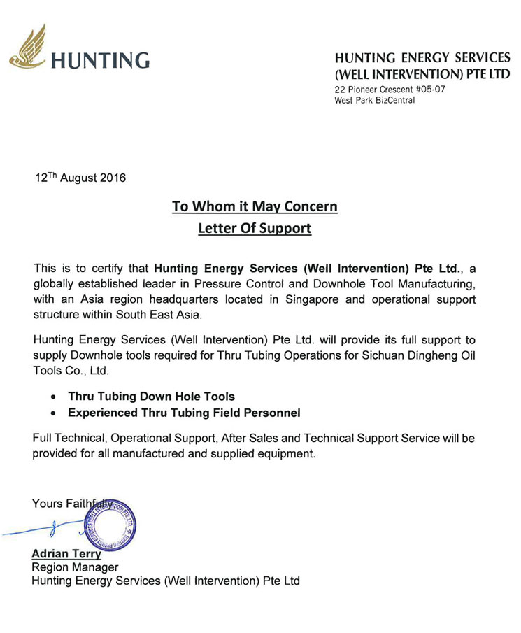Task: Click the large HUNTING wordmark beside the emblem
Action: [101, 60]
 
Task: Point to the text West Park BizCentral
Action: [375, 100]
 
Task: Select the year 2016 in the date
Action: [112, 178]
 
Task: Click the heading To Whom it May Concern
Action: [255, 207]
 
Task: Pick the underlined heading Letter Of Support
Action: [255, 229]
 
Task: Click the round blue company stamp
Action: [110, 523]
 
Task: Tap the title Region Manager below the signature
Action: [76, 567]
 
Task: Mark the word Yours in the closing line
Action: [48, 503]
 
